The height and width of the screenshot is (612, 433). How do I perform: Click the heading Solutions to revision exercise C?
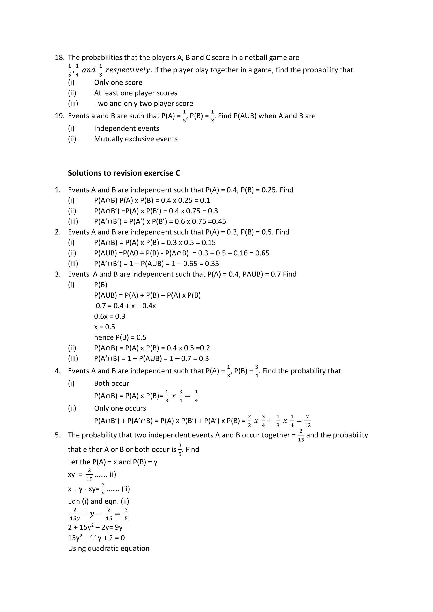coord(124,173)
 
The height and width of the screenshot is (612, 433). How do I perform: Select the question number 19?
coord(60,116)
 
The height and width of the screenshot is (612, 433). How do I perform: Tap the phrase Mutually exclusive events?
coord(136,139)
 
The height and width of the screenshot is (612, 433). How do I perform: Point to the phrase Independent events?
coord(126,128)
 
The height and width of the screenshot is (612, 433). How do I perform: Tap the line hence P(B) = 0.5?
coord(120,337)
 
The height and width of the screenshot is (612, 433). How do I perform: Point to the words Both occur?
coord(111,383)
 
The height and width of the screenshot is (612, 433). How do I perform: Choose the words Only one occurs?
coord(120,408)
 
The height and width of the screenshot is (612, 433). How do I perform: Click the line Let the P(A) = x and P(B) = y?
coord(112,462)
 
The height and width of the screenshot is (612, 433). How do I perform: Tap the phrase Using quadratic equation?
coord(108,548)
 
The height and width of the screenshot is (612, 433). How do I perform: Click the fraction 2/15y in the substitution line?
coord(75,514)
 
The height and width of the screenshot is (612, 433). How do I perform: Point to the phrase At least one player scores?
coord(136,93)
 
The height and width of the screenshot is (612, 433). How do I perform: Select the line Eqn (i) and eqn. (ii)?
coord(98,501)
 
